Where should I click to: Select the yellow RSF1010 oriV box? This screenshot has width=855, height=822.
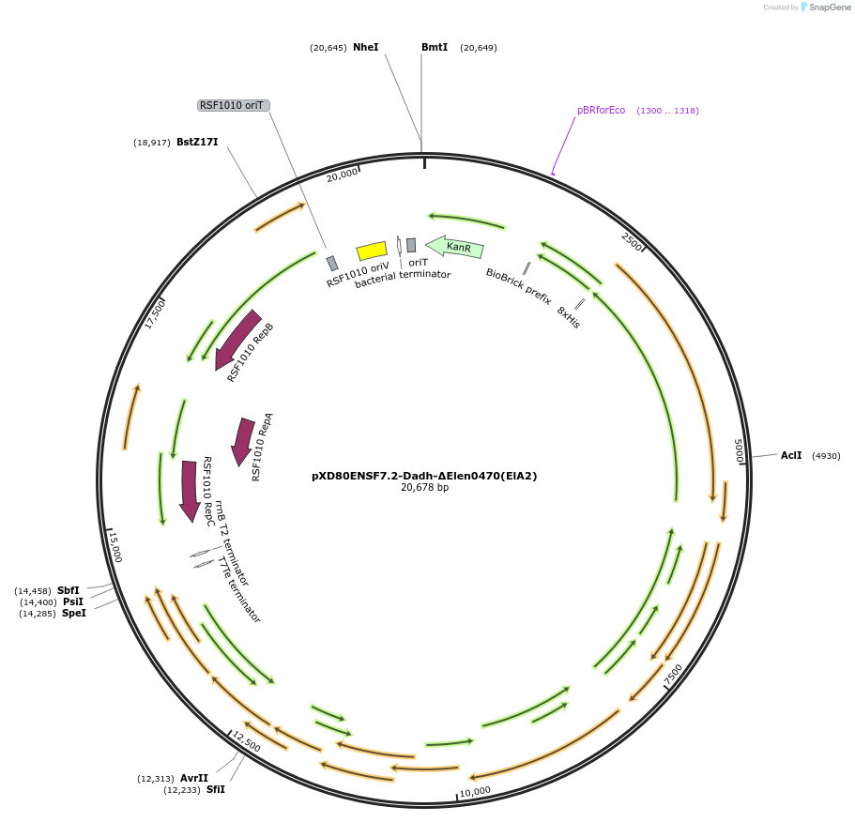tap(372, 251)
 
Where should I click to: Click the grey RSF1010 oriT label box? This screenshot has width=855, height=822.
tap(234, 105)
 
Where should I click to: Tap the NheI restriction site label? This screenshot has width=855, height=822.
tap(366, 47)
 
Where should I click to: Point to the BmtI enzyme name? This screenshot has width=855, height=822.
tap(435, 47)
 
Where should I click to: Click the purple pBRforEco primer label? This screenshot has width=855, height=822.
tap(601, 110)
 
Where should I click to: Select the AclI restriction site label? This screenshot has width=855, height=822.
tap(791, 455)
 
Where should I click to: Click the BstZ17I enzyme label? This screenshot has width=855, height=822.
tap(197, 143)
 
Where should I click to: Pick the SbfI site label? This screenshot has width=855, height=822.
tap(69, 590)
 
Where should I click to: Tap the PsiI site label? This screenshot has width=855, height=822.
tap(73, 601)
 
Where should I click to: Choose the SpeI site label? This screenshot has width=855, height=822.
tap(73, 613)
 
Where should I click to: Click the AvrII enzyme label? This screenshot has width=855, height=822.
tap(194, 778)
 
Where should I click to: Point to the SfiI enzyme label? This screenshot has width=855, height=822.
tap(216, 789)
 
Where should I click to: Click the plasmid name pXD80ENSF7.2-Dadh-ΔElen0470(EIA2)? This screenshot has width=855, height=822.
tap(424, 476)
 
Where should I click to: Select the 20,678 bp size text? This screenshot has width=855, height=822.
tap(424, 488)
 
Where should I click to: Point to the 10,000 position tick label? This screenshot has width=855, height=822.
tap(475, 791)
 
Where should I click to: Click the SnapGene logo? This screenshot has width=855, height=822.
tap(823, 7)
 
